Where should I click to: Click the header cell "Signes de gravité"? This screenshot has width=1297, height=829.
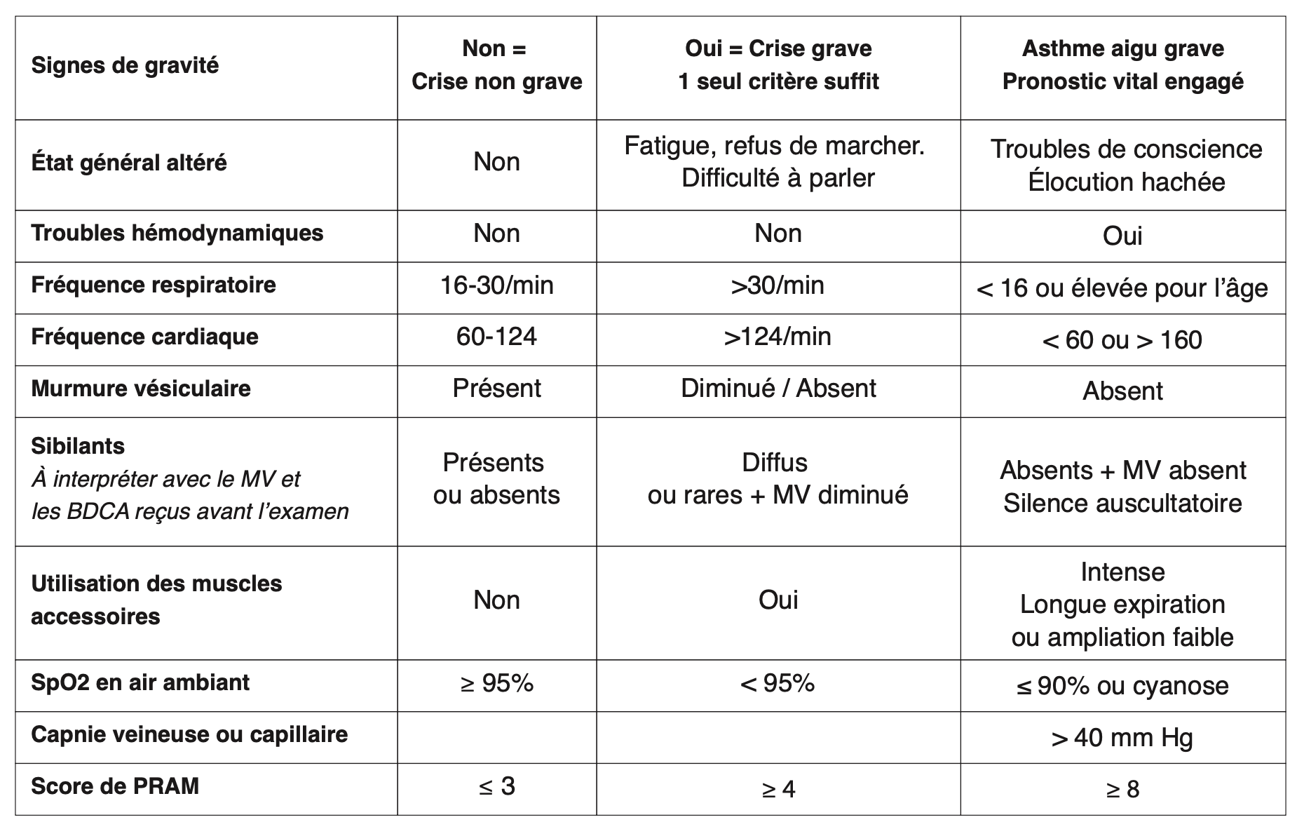pyautogui.click(x=125, y=66)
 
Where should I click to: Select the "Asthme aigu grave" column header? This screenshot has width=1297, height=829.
pyautogui.click(x=1122, y=49)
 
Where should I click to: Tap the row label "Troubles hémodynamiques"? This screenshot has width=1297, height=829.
pyautogui.click(x=177, y=233)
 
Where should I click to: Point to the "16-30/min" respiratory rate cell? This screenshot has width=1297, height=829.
pyautogui.click(x=496, y=285)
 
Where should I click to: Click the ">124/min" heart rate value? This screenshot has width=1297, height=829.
pyautogui.click(x=777, y=337)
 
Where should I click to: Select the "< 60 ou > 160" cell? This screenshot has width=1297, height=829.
pyautogui.click(x=1122, y=340)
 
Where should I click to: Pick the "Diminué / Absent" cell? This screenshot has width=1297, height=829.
pyautogui.click(x=777, y=389)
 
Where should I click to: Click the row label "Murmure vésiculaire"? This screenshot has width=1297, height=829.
pyautogui.click(x=140, y=389)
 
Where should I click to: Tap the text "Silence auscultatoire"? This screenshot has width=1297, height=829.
pyautogui.click(x=1122, y=504)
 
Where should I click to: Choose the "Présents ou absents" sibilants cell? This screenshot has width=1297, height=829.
pyautogui.click(x=496, y=479)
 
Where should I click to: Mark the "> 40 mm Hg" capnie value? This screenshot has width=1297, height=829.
pyautogui.click(x=1122, y=738)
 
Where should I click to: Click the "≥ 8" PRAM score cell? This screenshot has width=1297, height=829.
pyautogui.click(x=1122, y=790)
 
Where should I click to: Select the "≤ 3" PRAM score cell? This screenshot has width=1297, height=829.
pyautogui.click(x=496, y=787)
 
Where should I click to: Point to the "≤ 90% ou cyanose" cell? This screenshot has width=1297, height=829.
pyautogui.click(x=1122, y=686)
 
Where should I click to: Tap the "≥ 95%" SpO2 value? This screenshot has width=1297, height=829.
pyautogui.click(x=496, y=683)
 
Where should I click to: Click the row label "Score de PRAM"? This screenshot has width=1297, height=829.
pyautogui.click(x=115, y=786)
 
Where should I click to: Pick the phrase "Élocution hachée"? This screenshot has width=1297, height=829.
pyautogui.click(x=1126, y=182)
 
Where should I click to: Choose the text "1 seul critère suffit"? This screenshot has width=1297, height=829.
pyautogui.click(x=777, y=82)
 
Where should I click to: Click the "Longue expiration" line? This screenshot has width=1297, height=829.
pyautogui.click(x=1122, y=605)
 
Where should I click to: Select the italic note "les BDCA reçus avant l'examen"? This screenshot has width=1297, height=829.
pyautogui.click(x=189, y=512)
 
